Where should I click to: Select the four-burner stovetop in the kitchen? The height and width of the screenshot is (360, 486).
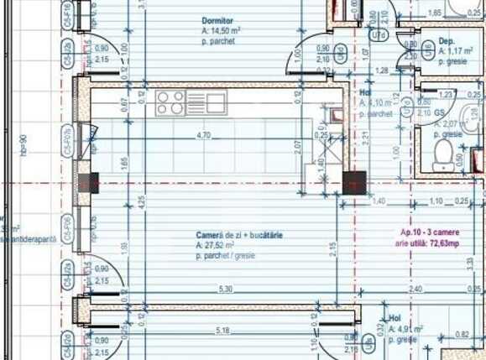(x=170, y=102)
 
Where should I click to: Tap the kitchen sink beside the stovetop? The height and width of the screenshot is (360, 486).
(x=217, y=102)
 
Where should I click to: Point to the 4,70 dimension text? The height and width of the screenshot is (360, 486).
(x=202, y=134)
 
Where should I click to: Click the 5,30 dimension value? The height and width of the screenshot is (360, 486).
(x=225, y=289)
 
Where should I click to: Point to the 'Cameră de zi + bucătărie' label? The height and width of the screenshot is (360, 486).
(x=239, y=236)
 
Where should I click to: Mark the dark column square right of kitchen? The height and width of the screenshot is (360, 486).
(x=354, y=182)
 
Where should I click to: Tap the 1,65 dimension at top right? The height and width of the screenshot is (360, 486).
(x=435, y=13)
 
